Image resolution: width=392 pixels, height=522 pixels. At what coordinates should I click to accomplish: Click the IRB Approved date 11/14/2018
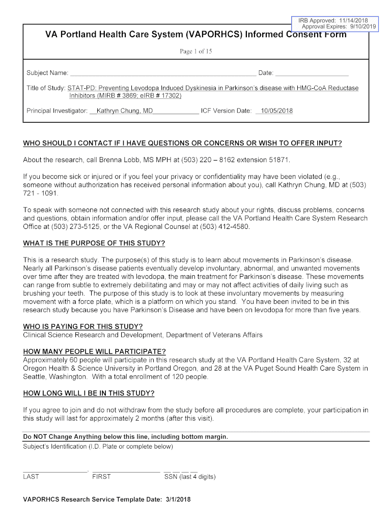pyautogui.click(x=352, y=20)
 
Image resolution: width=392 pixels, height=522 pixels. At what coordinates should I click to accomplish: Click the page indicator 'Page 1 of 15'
pyautogui.click(x=196, y=51)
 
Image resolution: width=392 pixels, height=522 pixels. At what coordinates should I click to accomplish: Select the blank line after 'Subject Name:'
pyautogui.click(x=163, y=74)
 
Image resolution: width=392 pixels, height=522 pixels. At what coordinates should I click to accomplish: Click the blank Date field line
pyautogui.click(x=312, y=74)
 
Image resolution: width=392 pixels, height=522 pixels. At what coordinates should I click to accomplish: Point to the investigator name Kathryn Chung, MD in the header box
pyautogui.click(x=125, y=111)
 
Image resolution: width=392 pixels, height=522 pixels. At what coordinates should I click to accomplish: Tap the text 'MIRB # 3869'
pyautogui.click(x=118, y=96)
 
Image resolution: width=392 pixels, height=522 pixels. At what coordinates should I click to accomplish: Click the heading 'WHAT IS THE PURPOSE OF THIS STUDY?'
pyautogui.click(x=94, y=243)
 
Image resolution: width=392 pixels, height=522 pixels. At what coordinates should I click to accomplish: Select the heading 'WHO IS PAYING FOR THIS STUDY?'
pyautogui.click(x=83, y=326)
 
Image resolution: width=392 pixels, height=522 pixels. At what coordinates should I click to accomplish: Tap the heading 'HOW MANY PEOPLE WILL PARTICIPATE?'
pyautogui.click(x=95, y=352)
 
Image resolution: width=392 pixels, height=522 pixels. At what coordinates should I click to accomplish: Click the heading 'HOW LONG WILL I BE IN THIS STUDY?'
pyautogui.click(x=89, y=393)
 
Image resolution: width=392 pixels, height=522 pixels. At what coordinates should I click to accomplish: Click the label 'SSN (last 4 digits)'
pyautogui.click(x=190, y=477)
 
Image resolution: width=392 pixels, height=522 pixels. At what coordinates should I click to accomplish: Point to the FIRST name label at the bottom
pyautogui.click(x=101, y=477)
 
